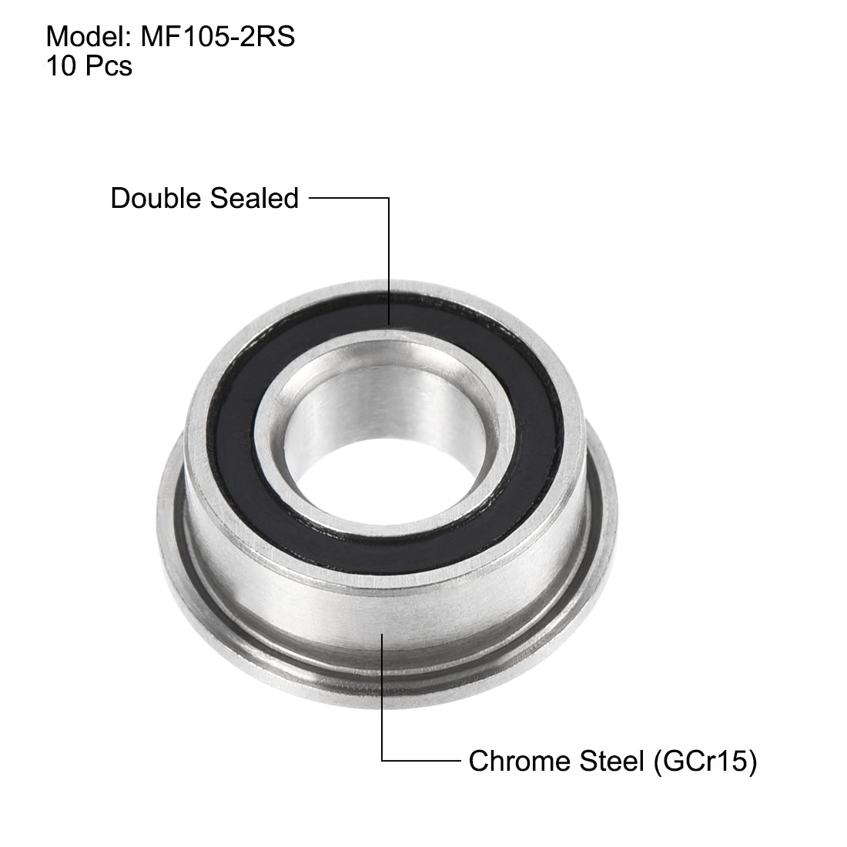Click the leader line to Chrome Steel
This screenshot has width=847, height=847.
pos(383,693)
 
